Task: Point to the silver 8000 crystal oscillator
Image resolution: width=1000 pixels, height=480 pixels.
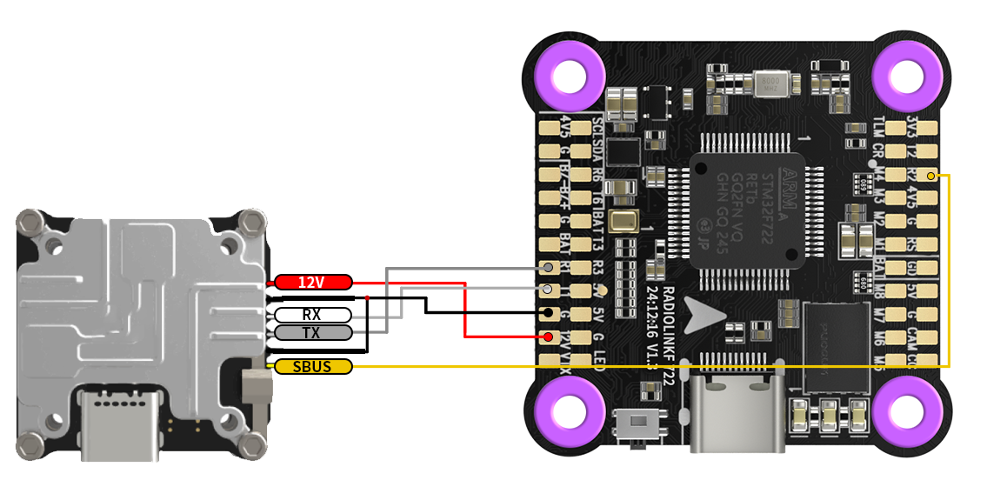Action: [767, 83]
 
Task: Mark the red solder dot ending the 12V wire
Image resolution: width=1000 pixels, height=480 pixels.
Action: [549, 336]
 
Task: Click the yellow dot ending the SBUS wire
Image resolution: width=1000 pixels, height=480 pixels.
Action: [930, 176]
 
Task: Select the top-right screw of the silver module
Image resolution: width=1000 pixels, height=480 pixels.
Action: [251, 217]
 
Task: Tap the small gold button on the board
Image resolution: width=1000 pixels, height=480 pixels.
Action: [623, 221]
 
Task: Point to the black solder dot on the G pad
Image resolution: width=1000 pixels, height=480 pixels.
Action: [549, 312]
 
